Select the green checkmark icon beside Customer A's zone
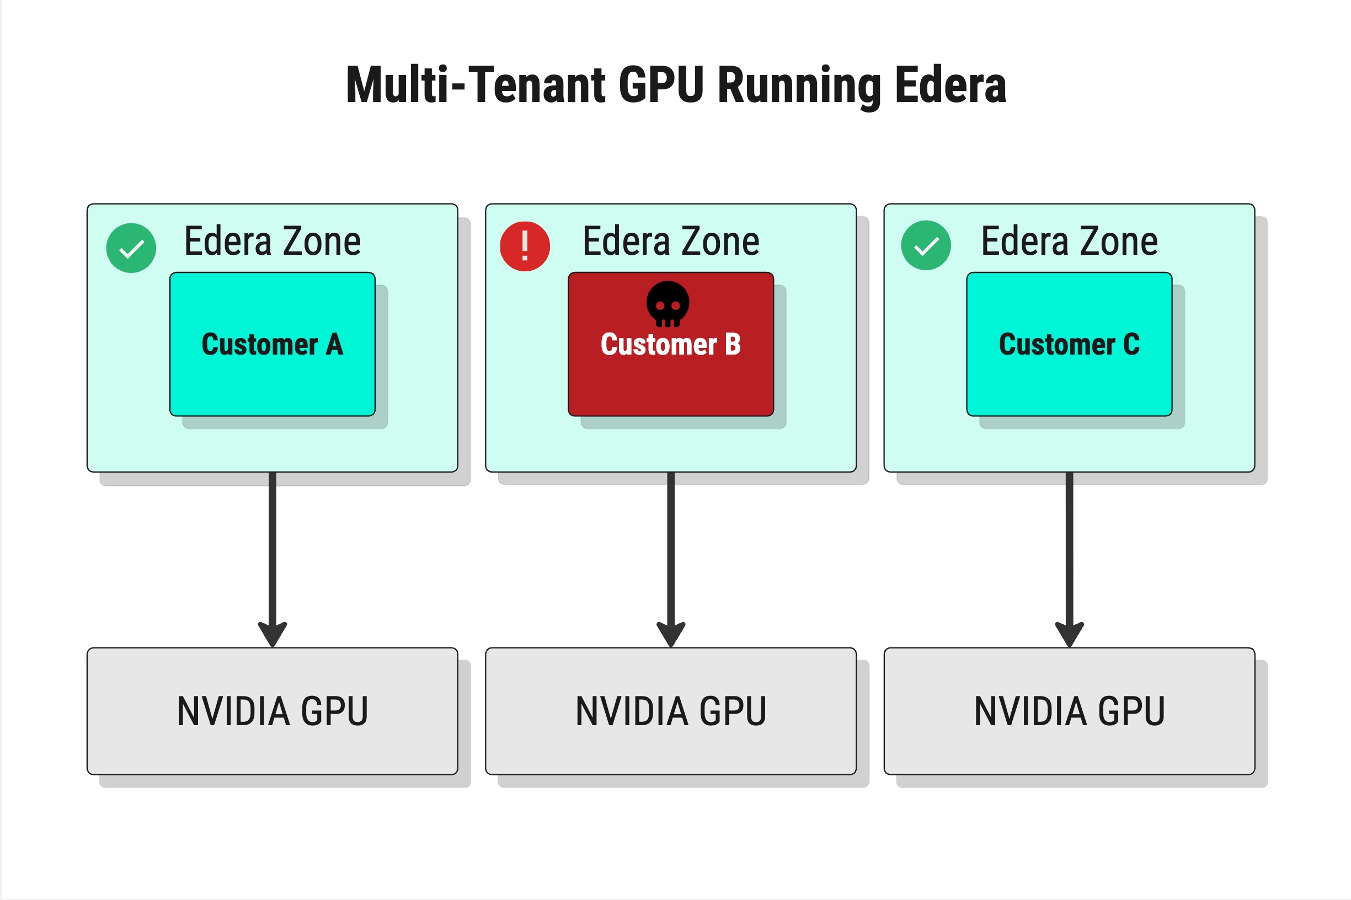131,248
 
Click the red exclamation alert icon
525,247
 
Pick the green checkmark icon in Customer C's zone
926,245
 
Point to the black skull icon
667,303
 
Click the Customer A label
272,344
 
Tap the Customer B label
670,344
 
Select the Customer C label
1069,344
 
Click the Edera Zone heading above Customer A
272,241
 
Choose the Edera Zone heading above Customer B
670,241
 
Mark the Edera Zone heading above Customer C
1069,241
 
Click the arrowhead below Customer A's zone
272,634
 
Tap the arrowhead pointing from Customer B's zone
671,634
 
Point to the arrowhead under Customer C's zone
1069,634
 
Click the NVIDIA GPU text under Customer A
272,711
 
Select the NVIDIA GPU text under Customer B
670,711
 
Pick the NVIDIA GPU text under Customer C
1069,711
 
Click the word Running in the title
799,86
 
